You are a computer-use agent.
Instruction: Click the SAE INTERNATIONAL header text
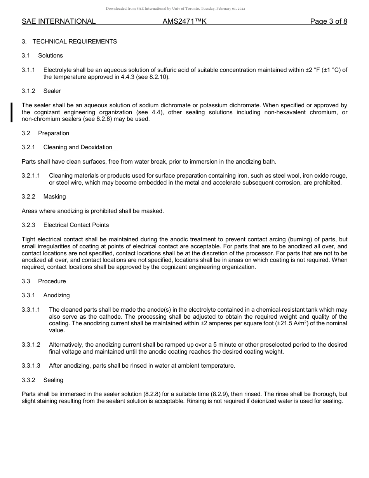click(59, 21)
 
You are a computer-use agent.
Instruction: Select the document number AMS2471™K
click(184, 21)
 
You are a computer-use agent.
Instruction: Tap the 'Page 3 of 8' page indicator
click(328, 21)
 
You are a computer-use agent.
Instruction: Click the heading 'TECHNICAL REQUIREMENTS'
click(75, 42)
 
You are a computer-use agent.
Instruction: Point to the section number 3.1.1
click(28, 70)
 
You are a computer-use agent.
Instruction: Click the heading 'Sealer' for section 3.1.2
click(52, 91)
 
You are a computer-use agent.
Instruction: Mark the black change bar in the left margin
click(12, 112)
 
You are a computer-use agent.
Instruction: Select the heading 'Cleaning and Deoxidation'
click(78, 147)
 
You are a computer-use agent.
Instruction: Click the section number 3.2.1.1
click(31, 176)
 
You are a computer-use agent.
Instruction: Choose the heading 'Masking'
click(54, 197)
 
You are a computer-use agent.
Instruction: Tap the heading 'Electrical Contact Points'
click(76, 225)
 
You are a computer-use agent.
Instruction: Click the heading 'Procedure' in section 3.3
click(52, 281)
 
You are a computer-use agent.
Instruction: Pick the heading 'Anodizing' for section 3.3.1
click(56, 295)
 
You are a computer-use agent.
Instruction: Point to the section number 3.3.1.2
click(31, 345)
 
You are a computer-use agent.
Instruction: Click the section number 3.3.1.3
click(31, 366)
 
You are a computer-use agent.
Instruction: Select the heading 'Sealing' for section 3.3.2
click(53, 380)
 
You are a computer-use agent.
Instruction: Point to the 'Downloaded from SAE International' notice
click(175, 9)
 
